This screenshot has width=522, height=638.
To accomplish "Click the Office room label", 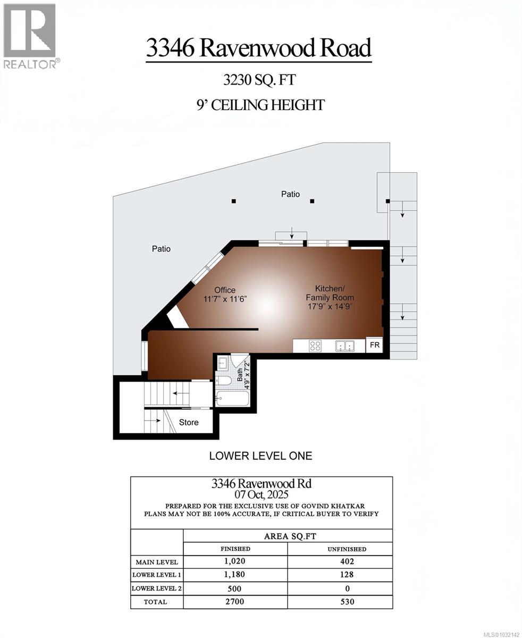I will tap(225, 290).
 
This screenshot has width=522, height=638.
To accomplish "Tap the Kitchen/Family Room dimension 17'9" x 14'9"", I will tap(330, 306).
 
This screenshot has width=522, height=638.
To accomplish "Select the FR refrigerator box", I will tap(375, 345).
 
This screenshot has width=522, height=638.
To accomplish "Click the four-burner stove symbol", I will tap(315, 346).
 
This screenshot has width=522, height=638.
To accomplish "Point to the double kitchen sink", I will tap(345, 346).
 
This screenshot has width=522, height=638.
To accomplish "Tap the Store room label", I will tap(188, 422).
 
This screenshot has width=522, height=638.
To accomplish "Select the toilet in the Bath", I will tap(224, 381).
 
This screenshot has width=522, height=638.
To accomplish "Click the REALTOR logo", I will tap(30, 35).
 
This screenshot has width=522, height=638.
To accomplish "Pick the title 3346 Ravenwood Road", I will tap(258, 48).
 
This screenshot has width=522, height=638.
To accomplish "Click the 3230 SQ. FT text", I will tap(259, 80).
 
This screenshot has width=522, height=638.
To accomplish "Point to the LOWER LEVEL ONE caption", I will tap(260, 456).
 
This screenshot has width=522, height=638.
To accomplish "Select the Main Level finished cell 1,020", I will tap(235, 561).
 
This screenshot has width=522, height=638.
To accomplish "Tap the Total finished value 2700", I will tap(235, 602).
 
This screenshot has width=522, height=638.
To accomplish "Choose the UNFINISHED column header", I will tap(346, 549).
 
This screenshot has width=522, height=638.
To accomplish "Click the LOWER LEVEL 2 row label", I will tap(157, 589).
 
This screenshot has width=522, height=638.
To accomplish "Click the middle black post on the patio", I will tap(312, 201).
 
